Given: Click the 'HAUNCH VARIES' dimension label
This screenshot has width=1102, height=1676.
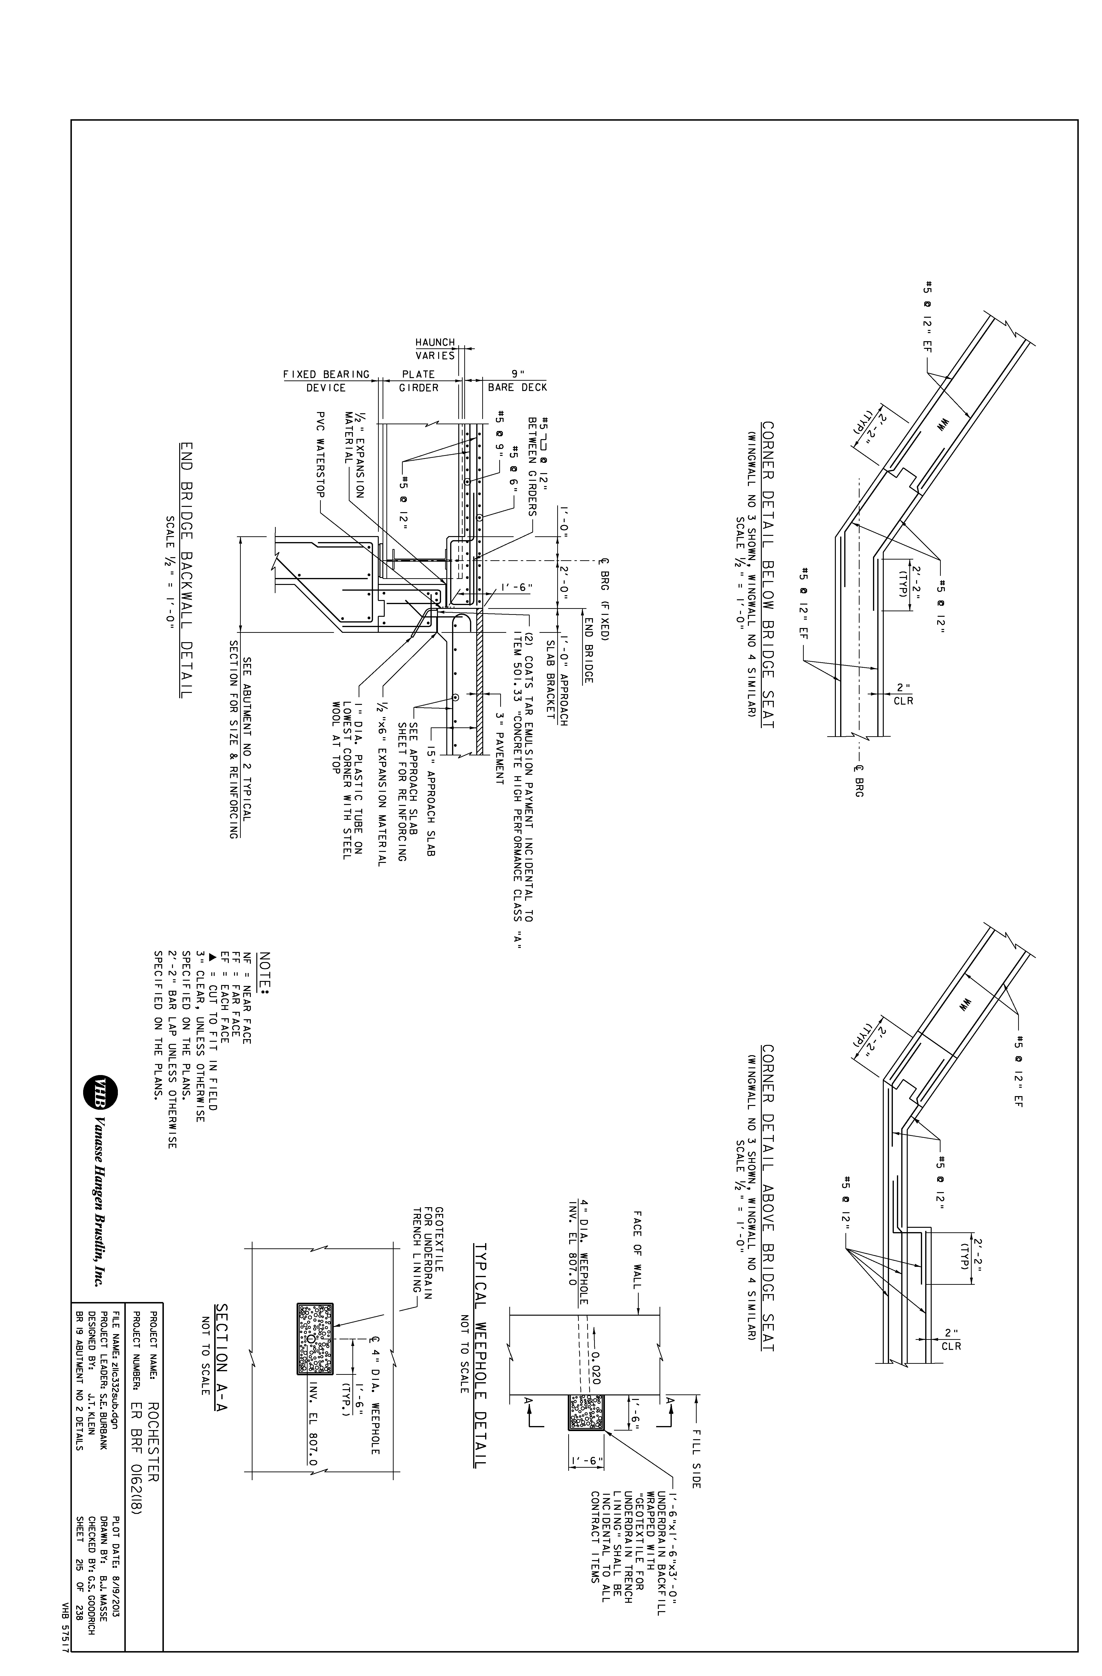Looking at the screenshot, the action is pyautogui.click(x=435, y=349).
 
